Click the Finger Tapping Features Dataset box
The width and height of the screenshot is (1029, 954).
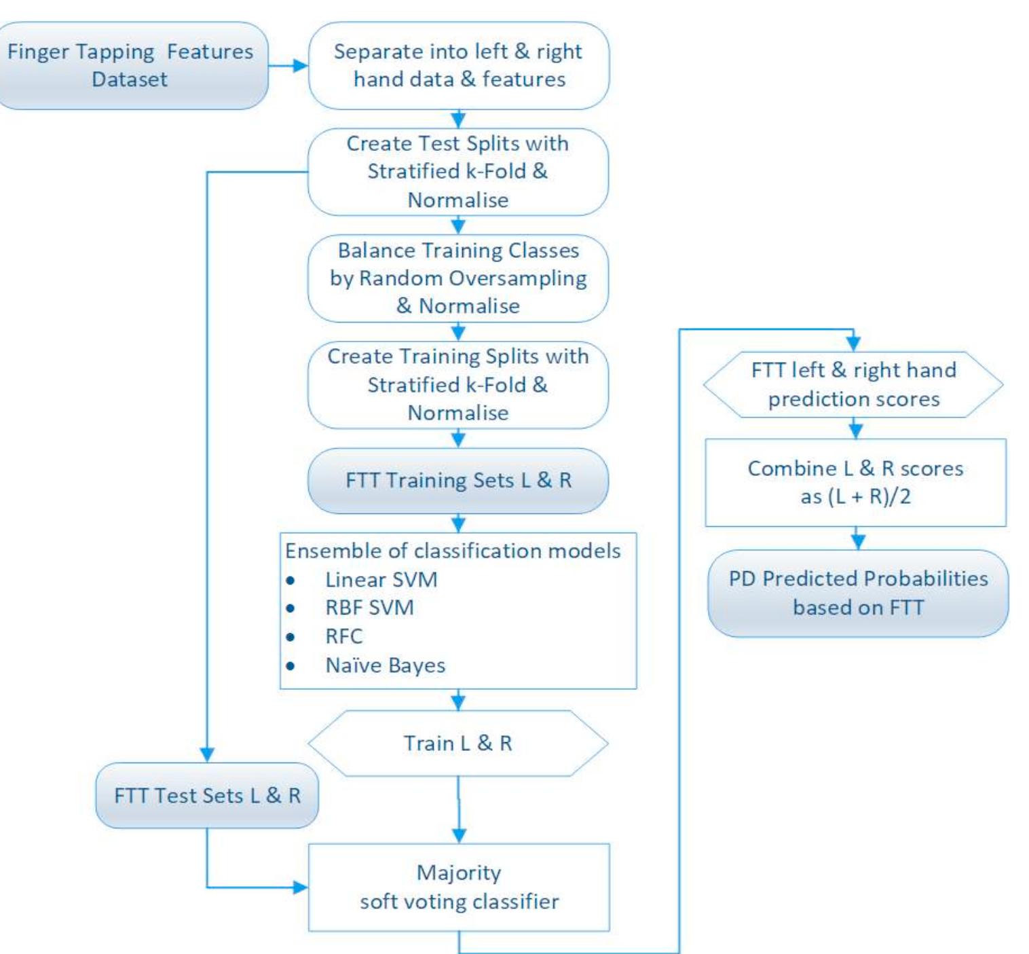130,66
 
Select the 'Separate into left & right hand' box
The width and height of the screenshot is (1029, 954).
458,66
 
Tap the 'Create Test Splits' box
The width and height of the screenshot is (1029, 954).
458,172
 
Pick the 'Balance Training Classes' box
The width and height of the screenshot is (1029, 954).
458,278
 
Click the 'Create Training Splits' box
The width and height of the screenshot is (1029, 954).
458,384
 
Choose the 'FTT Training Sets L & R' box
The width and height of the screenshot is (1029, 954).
458,481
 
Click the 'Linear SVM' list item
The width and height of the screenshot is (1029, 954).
381,580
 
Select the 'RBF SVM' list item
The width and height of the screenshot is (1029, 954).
369,608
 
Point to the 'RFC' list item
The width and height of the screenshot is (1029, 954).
343,636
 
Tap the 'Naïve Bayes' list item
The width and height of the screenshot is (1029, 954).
385,665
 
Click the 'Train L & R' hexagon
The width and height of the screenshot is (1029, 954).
458,744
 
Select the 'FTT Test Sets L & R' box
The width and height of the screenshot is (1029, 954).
207,795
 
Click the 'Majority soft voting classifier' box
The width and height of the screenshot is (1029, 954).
459,887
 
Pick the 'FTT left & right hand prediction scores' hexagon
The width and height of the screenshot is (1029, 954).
853,384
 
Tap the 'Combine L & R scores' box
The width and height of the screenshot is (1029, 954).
855,482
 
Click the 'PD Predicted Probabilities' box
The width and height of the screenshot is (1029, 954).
858,593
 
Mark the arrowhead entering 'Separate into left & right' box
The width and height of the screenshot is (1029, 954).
300,66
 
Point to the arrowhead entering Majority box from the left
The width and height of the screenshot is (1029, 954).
300,887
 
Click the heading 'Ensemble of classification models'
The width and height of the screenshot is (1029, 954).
453,551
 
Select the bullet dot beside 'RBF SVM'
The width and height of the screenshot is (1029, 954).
291,608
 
